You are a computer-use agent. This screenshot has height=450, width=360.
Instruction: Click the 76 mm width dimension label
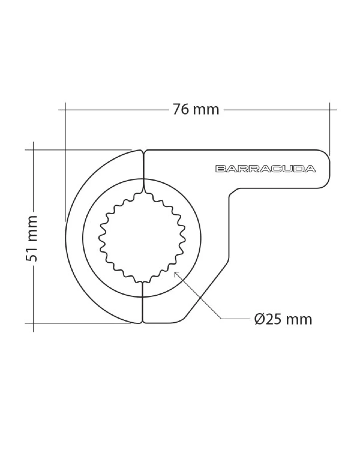tap(196, 109)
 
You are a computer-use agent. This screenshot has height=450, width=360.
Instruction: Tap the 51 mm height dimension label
tap(31, 238)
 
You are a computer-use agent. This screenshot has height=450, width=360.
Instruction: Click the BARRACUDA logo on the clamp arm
tap(265, 169)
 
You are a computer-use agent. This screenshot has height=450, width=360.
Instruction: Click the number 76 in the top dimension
tap(181, 109)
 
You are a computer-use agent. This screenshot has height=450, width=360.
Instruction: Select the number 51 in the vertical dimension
tap(31, 254)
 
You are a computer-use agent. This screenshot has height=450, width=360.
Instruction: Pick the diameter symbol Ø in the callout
tap(259, 319)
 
